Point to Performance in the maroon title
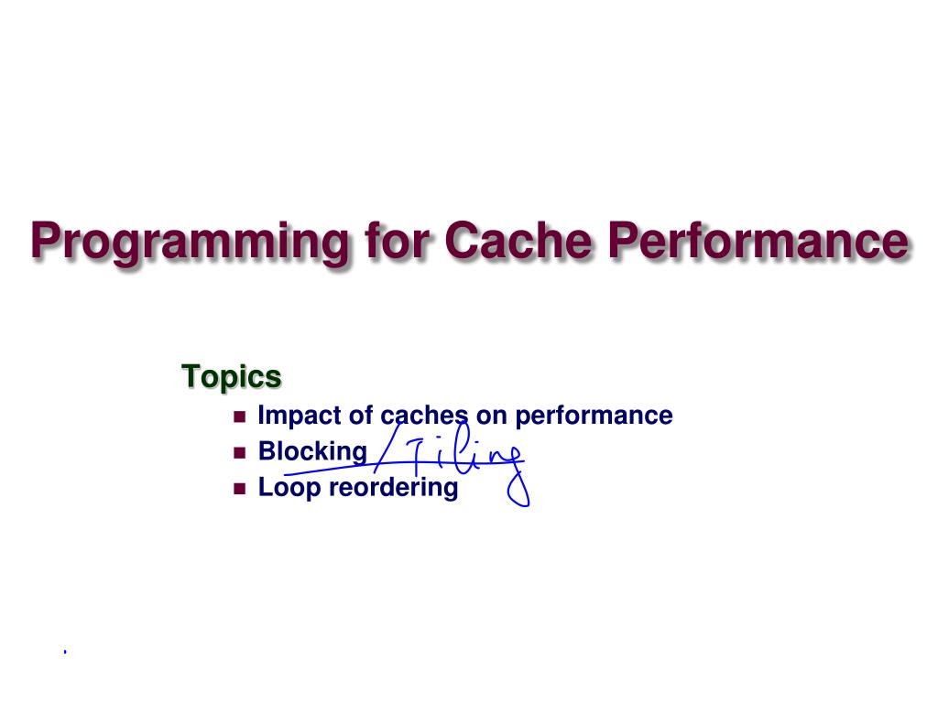pos(758,240)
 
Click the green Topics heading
pos(231,375)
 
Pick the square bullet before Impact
pos(241,416)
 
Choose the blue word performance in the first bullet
pos(593,416)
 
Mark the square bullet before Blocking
pos(241,452)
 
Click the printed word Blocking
pos(311,451)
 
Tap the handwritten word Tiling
pos(463,456)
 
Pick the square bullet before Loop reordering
pos(241,488)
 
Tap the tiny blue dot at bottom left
pos(65,652)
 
